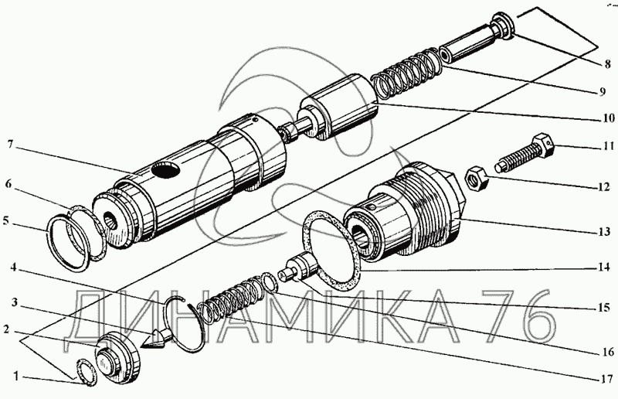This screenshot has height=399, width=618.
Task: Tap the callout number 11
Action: pos(608,145)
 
